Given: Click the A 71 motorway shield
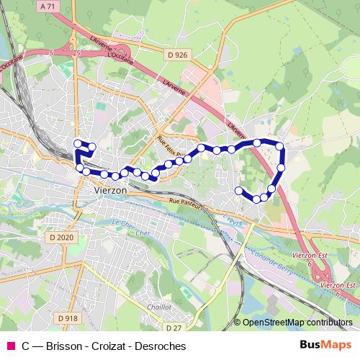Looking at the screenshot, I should tap(48, 6).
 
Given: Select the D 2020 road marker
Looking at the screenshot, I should tap(62, 237).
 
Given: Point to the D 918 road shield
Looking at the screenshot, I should tap(66, 318).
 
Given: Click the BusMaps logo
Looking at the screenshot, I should tap(326, 346).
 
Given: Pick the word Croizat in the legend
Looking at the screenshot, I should tap(109, 346).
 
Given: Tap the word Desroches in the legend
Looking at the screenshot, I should tap(160, 346).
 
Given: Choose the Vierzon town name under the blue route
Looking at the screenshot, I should tap(111, 189).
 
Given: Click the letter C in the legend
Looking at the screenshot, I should tap(26, 346).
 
